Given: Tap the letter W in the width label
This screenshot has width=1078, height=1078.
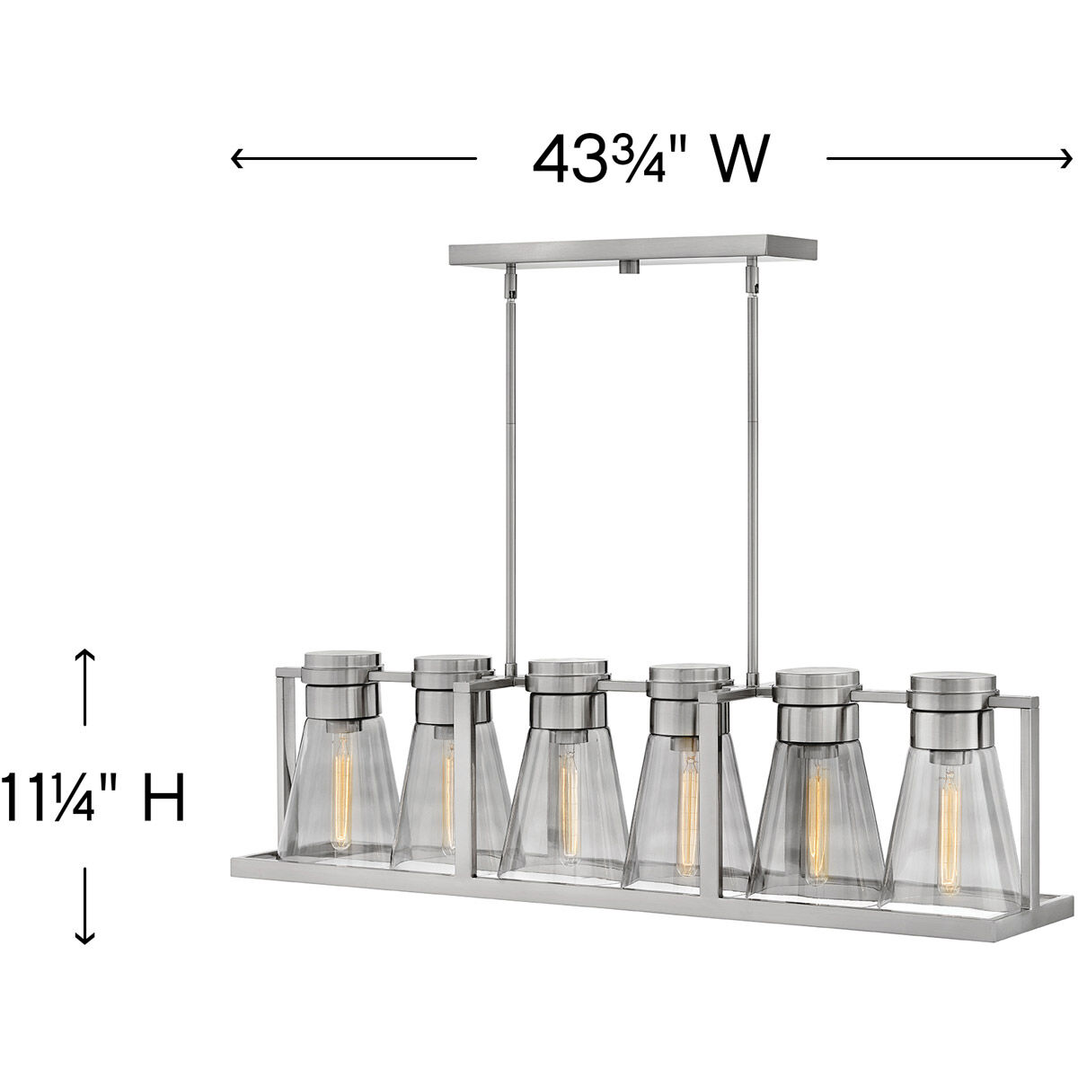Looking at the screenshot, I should [x=739, y=160].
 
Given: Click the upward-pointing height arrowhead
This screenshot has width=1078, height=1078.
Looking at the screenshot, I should [x=84, y=652].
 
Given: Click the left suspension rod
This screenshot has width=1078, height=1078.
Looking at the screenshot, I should [x=510, y=431].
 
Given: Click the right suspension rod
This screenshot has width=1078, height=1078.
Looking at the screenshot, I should [x=751, y=431].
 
